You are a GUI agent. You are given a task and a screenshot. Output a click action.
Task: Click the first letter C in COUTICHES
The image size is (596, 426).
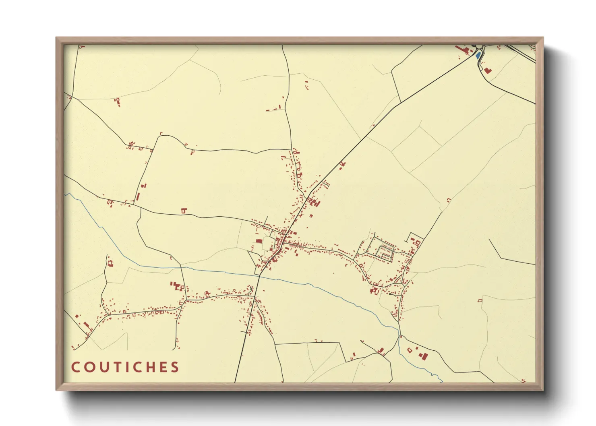(75, 367)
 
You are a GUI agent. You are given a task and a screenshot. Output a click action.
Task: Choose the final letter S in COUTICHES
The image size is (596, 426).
(175, 367)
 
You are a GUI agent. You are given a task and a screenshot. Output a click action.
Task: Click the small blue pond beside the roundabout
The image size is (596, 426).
(478, 56)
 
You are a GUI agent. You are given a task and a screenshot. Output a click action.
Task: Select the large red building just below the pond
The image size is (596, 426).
(488, 70)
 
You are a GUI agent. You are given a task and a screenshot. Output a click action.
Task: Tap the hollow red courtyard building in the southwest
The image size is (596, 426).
(110, 263)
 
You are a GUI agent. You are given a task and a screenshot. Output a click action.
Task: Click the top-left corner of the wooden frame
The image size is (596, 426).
(56, 38)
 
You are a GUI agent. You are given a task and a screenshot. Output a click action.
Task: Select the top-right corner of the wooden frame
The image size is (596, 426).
(543, 38)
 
